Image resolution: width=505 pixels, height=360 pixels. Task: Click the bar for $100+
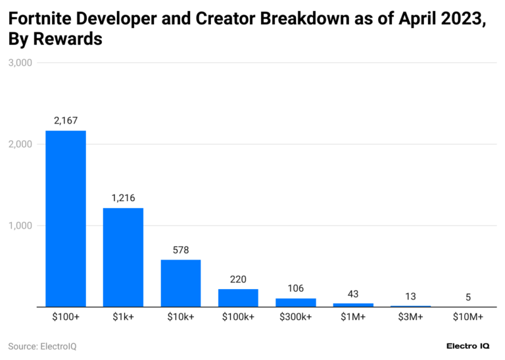(x=65, y=218)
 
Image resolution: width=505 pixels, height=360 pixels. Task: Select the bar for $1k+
(x=123, y=257)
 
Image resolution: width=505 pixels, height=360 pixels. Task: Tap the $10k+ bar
(x=181, y=283)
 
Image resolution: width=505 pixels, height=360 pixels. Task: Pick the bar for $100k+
(x=238, y=298)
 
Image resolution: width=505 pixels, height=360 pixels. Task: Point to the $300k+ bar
(x=296, y=302)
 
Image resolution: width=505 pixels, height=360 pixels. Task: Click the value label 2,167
(x=65, y=120)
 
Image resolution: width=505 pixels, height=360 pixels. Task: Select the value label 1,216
(x=123, y=198)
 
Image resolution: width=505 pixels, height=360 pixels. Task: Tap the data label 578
(x=181, y=250)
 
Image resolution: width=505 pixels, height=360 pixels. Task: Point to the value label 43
(x=353, y=294)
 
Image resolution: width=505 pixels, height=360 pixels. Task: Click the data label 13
(x=411, y=296)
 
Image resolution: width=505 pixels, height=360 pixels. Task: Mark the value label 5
(x=468, y=297)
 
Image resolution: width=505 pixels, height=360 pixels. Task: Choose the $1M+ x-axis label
(x=353, y=317)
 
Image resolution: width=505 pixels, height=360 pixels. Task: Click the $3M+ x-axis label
(x=411, y=317)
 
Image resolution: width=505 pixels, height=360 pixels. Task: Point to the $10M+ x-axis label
(x=468, y=317)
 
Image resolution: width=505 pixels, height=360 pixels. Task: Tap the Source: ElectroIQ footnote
(x=42, y=346)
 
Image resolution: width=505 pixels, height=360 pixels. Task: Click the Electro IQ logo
(x=470, y=346)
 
